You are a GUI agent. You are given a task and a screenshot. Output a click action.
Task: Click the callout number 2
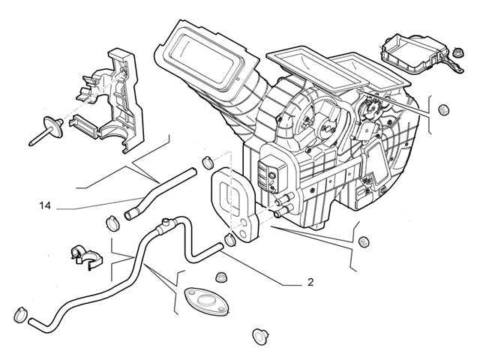(x=310, y=283)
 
